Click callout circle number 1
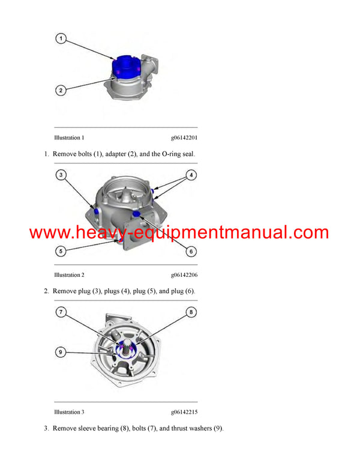pos(61,38)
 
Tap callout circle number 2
pos(61,91)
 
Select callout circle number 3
pos(61,175)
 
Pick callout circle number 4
pos(191,175)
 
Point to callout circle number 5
pos(61,251)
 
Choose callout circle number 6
pos(191,251)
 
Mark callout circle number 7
pos(61,312)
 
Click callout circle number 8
pos(191,312)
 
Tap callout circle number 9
pos(61,351)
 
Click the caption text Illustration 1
pos(70,138)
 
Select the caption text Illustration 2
pos(70,275)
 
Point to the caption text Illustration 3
pos(70,412)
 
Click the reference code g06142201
pos(184,138)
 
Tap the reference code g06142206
pos(184,275)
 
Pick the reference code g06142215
pos(184,412)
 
